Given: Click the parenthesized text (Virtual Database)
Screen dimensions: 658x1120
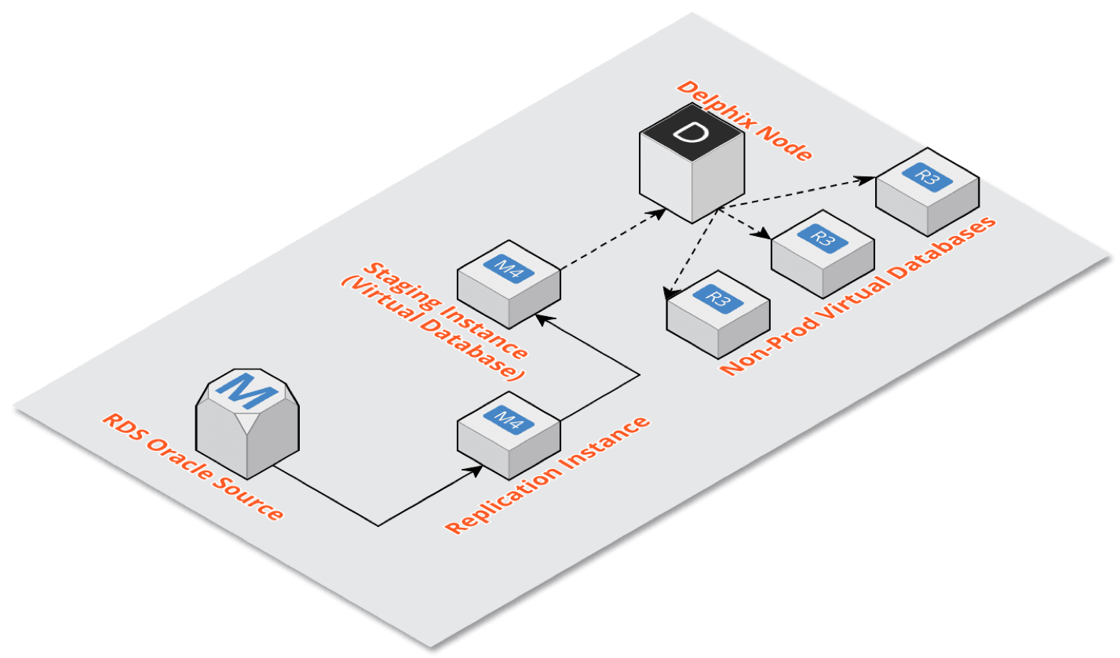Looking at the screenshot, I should (x=432, y=328).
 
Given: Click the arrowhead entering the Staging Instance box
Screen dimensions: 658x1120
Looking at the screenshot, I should (x=539, y=317).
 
